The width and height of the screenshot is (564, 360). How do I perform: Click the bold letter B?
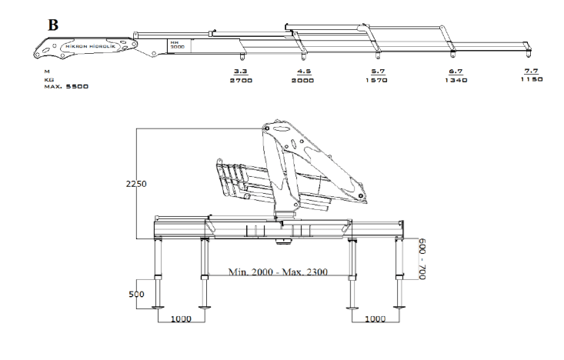(x=53, y=25)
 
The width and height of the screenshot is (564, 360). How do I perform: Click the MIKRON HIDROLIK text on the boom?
(x=89, y=46)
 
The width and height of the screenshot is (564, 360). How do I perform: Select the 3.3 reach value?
(x=240, y=71)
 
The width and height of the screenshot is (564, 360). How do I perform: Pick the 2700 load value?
(x=241, y=79)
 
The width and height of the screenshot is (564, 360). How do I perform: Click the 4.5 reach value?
(x=303, y=71)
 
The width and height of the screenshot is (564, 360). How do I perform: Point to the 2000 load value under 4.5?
(x=303, y=79)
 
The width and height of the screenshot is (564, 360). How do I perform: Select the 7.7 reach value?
(x=531, y=71)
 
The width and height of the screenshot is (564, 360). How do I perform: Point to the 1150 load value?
(x=531, y=79)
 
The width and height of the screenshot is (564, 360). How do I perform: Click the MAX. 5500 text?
(x=66, y=86)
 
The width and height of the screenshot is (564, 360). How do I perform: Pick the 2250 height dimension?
(x=135, y=184)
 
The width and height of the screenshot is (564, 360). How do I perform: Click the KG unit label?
(x=48, y=78)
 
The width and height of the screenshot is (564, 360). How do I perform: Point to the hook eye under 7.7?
(x=529, y=55)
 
